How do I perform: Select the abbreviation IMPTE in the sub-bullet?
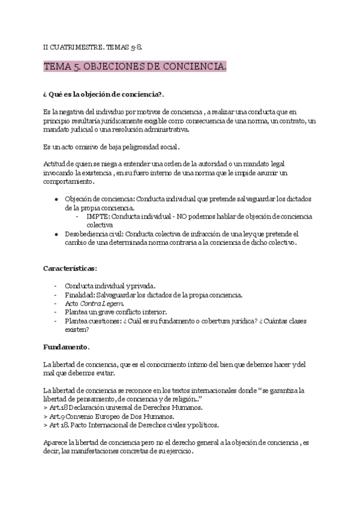point(98,217)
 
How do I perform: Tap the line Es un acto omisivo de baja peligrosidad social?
point(112,146)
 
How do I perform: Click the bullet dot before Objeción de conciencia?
point(56,199)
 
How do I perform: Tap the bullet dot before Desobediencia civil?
point(56,234)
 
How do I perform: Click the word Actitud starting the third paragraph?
point(55,164)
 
